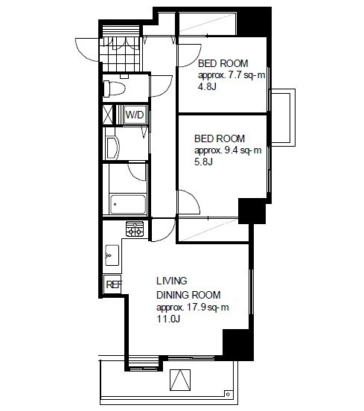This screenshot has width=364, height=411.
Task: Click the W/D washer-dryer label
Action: point(135,115)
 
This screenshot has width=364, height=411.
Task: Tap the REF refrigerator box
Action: point(112,284)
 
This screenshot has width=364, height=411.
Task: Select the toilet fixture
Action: point(114,89)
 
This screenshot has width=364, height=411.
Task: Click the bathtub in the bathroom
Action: point(128,204)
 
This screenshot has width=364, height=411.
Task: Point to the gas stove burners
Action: point(135,229)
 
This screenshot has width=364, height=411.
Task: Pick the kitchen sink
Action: point(112,255)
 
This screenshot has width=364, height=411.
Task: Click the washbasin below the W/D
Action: point(112,147)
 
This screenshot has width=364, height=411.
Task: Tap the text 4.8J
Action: point(207,86)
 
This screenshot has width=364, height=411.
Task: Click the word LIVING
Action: point(172,281)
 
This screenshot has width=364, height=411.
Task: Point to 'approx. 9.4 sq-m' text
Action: point(228,150)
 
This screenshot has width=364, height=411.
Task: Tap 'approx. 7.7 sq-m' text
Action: point(232,75)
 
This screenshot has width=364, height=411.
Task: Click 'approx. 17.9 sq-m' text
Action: point(192,308)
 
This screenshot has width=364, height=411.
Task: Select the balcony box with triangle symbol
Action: point(180,380)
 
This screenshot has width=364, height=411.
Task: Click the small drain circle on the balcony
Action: point(228,394)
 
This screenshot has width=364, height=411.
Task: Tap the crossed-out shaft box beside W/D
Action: point(107,115)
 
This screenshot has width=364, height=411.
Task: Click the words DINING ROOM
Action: point(188,295)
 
